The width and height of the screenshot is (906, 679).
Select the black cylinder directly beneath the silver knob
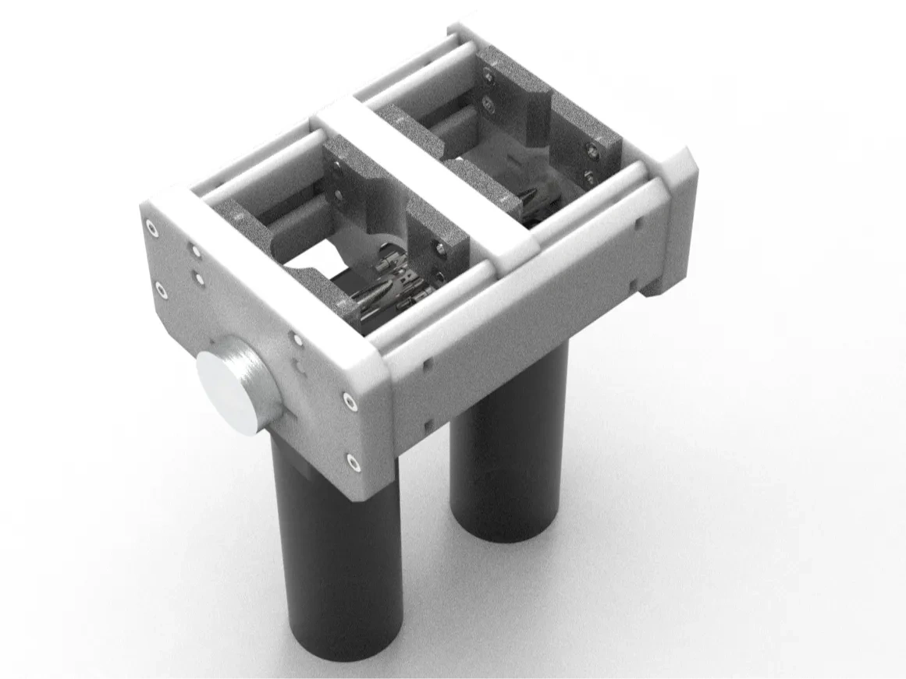(x=336, y=546)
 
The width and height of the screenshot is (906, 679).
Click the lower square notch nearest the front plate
(x=427, y=425)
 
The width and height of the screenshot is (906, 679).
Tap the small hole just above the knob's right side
(x=297, y=338)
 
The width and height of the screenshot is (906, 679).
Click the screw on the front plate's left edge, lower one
(x=160, y=290)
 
